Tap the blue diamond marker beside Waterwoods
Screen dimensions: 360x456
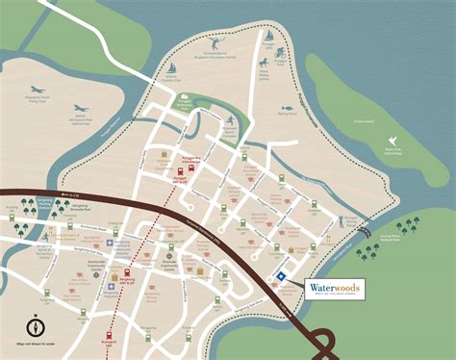(x=281, y=275)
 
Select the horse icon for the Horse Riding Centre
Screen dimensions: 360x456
(x=262, y=64)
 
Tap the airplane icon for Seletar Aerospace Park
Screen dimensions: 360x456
(x=80, y=109)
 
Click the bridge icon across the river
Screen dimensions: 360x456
(x=364, y=231)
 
